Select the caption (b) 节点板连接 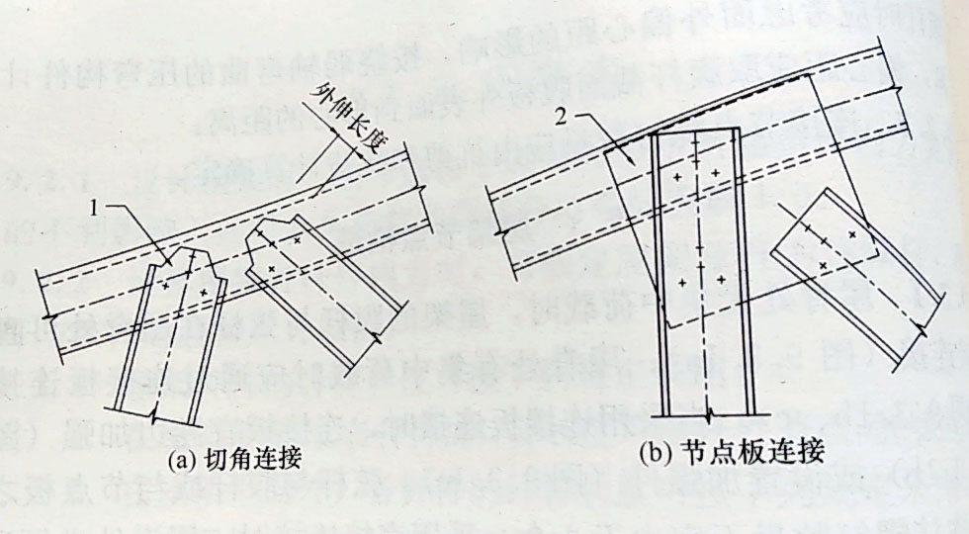click(731, 453)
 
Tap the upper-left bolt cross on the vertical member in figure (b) click(676, 178)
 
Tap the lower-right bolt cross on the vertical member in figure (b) click(722, 282)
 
